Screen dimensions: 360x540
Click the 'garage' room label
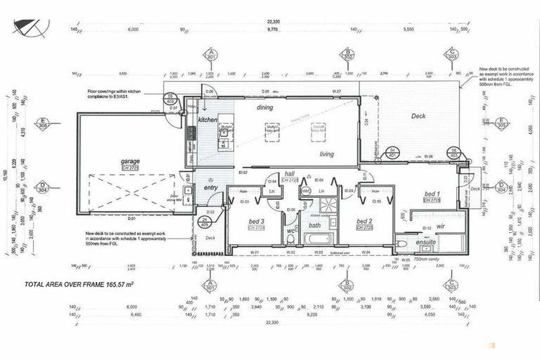click(x=130, y=161)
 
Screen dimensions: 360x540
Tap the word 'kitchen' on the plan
click(x=207, y=121)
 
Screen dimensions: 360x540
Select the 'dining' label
click(x=264, y=108)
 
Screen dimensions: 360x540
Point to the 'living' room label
click(x=327, y=154)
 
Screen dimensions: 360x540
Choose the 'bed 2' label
click(x=364, y=221)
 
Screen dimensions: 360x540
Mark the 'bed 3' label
click(x=257, y=221)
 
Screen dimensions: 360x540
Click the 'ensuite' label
click(x=426, y=242)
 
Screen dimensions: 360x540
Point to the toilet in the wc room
click(x=290, y=240)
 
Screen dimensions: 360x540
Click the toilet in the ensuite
click(x=401, y=243)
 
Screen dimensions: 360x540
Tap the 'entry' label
click(x=211, y=188)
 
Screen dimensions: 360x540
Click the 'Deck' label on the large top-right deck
click(x=418, y=116)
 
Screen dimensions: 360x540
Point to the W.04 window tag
click(x=366, y=251)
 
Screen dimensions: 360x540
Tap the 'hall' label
click(x=290, y=173)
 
